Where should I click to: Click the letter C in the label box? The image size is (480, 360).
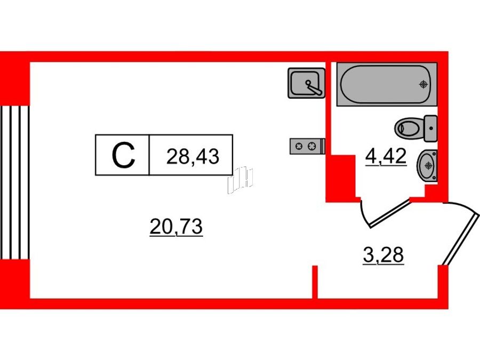(123, 155)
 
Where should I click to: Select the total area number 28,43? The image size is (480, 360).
(193, 156)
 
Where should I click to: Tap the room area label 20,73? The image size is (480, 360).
(176, 227)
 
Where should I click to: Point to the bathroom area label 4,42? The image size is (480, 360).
(386, 156)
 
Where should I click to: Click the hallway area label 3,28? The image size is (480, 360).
(383, 255)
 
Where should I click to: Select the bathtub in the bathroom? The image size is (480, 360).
(387, 84)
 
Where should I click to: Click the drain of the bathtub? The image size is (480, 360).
(423, 84)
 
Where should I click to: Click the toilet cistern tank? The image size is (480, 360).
(431, 129)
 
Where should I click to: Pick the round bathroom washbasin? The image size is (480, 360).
(427, 166)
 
